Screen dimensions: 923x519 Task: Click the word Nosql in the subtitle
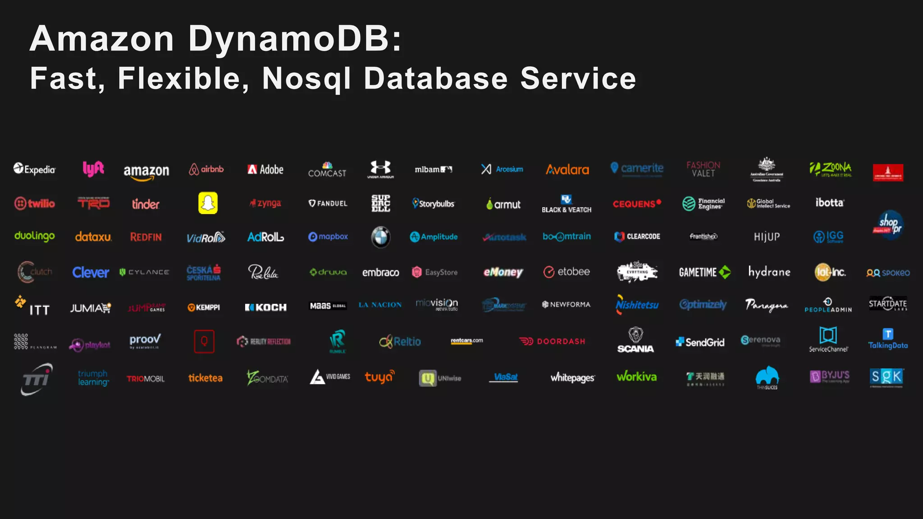[x=306, y=79]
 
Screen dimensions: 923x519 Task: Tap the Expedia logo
[x=34, y=169]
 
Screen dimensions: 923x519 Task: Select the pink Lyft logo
[x=93, y=169]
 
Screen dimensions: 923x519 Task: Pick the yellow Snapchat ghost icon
[x=208, y=203]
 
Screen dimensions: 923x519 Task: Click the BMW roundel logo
[x=381, y=237]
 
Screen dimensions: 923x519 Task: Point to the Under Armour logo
[x=381, y=169]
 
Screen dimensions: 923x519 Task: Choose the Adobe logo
[x=265, y=169]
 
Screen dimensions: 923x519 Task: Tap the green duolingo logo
[x=35, y=236]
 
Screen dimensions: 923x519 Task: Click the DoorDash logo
[x=552, y=341]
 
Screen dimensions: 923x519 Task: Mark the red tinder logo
[x=146, y=204]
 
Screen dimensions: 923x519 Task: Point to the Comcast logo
[x=327, y=170]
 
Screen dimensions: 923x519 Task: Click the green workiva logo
[x=636, y=377]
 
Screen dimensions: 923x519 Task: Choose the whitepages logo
[x=572, y=378]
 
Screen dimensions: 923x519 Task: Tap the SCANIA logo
[x=635, y=341]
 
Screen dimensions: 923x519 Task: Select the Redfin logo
[x=146, y=237]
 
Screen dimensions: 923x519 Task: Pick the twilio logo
[x=35, y=204]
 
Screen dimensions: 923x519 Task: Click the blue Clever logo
[x=91, y=273]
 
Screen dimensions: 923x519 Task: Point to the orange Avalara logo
[x=567, y=170]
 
